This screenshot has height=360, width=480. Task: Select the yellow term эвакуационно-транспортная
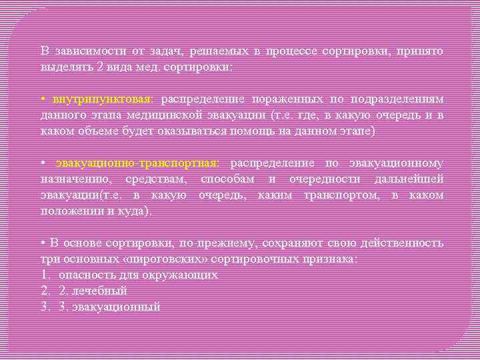tap(142, 163)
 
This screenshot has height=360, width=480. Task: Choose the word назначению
tap(73, 179)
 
